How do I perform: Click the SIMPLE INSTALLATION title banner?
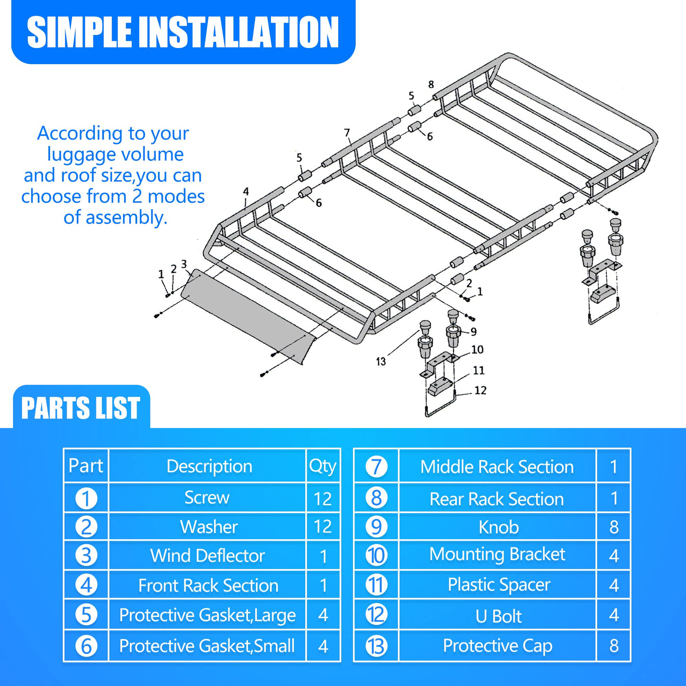[x=183, y=31]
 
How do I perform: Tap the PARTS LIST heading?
[x=81, y=408]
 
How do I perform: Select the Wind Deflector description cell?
[x=207, y=556]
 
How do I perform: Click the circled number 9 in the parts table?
[x=376, y=527]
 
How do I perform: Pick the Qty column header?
[x=322, y=466]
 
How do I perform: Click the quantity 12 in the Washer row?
[x=322, y=527]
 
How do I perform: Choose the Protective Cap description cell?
[x=497, y=646]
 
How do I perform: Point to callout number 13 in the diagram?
[x=381, y=361]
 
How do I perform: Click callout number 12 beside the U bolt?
[x=480, y=391]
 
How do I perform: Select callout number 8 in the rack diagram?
[x=431, y=84]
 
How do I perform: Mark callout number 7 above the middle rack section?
[x=347, y=133]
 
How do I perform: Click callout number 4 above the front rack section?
[x=246, y=192]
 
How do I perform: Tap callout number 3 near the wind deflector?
[x=184, y=264]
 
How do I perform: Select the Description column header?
[x=209, y=466]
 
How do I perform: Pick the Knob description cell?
[x=498, y=527]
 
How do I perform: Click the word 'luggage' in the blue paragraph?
[x=82, y=154]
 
